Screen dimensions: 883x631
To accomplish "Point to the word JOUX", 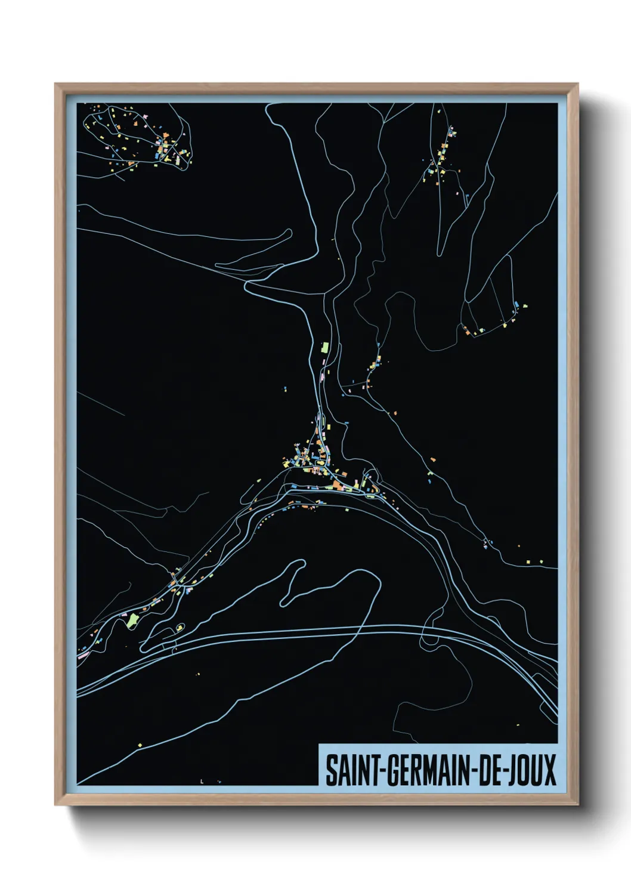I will pos(531,770).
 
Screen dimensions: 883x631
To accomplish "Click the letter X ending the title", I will pos(549,770).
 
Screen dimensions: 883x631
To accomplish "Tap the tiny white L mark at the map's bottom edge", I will pos(202,781).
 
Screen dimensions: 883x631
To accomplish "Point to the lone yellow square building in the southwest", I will pos(139,745).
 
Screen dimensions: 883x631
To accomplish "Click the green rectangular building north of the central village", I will pos(325,347).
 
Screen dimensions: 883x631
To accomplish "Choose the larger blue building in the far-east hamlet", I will pos(516,305).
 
